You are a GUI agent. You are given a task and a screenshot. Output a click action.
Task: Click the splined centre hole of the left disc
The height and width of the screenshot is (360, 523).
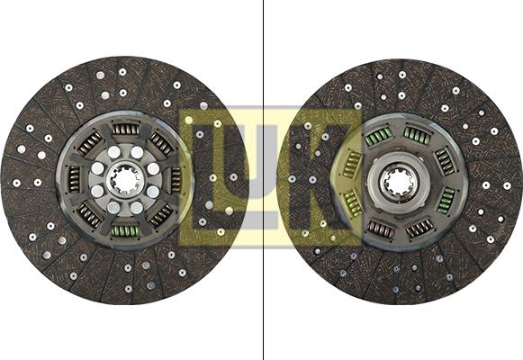click(125, 181)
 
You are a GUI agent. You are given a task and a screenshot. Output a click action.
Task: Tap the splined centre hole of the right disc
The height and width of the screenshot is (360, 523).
click(399, 182)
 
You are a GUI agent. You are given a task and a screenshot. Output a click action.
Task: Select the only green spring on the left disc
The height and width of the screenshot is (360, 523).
click(125, 230)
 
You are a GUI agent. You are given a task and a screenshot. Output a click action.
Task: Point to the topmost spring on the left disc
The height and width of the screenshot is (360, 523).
click(125, 129)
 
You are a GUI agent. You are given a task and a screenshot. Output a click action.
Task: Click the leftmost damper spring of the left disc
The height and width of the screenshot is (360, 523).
click(74, 180)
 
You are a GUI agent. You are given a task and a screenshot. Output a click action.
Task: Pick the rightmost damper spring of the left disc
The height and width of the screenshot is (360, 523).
click(176, 180)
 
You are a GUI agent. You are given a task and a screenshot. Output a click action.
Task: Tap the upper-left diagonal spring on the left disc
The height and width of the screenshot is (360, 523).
click(89, 144)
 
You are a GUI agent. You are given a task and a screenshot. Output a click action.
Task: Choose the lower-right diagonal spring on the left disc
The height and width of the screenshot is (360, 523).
click(161, 215)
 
